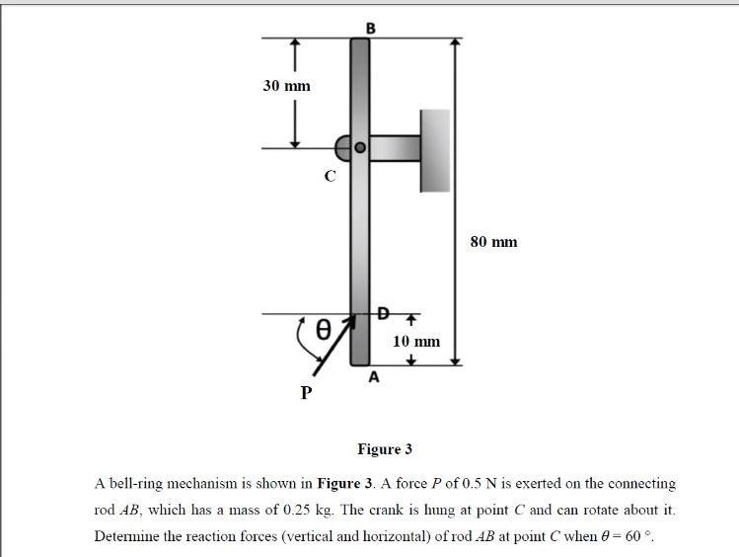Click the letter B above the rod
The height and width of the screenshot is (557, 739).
[x=370, y=28]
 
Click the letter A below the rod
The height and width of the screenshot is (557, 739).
[x=372, y=377]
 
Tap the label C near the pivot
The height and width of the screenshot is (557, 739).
[x=330, y=177]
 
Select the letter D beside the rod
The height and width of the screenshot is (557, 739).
[x=383, y=313]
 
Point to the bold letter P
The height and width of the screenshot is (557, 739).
[x=306, y=393]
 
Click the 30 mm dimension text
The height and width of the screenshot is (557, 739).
[x=286, y=86]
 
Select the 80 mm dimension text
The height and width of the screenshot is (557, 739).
[x=493, y=242]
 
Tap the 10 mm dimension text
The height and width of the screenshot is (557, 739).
[x=416, y=342]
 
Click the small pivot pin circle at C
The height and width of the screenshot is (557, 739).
[x=360, y=148]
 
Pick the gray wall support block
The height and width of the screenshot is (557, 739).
[x=434, y=150]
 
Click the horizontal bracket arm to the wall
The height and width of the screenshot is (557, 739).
[x=395, y=148]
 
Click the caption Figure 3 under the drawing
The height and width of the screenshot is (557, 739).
[x=385, y=449]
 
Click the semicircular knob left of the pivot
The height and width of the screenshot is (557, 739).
[x=343, y=149]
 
